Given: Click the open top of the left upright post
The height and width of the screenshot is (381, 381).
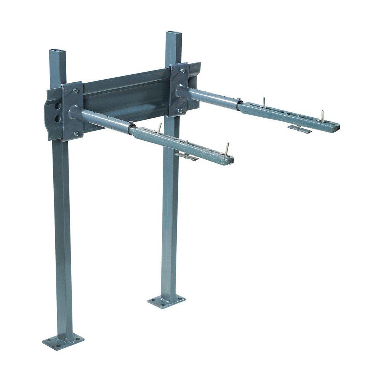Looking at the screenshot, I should pyautogui.click(x=58, y=50).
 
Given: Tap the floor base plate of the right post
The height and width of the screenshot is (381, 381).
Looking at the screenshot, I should pyautogui.click(x=166, y=301).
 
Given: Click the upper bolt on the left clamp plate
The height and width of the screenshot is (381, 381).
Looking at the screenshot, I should pyautogui.click(x=76, y=91).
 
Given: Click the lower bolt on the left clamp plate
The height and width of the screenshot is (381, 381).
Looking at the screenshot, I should pyautogui.click(x=76, y=134).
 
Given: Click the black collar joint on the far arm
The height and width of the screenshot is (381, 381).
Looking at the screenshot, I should pyautogui.click(x=239, y=104).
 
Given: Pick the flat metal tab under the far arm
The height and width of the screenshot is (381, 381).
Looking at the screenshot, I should pyautogui.click(x=299, y=129).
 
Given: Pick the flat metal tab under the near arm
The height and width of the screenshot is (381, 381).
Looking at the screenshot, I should pyautogui.click(x=186, y=156).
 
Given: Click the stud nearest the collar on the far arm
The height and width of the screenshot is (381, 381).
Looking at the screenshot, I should pyautogui.click(x=263, y=102).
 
